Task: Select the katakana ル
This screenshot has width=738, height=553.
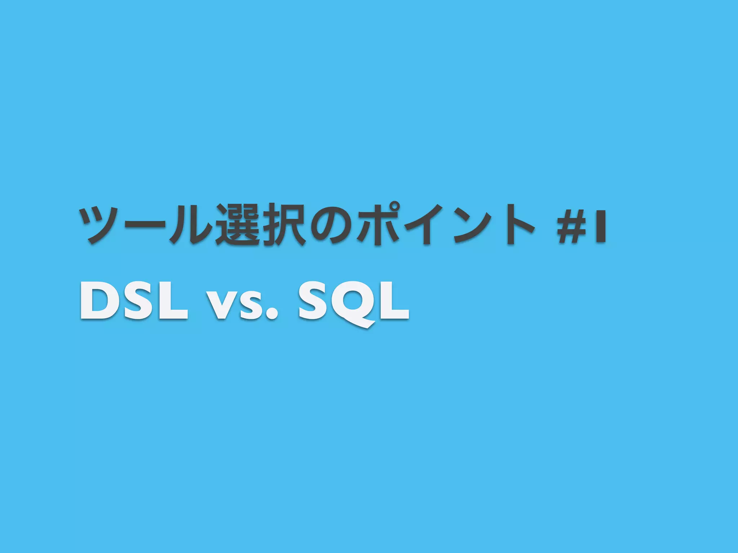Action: (x=191, y=225)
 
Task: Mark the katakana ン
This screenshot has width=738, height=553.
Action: (x=471, y=225)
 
